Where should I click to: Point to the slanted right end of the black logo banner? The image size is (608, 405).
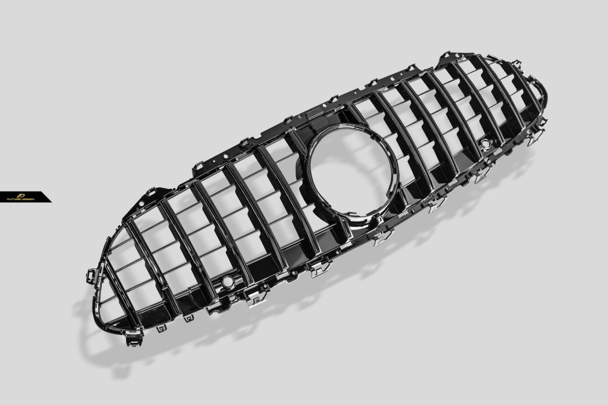[x=49, y=197]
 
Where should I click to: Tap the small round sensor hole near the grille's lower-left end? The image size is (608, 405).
[x=226, y=281]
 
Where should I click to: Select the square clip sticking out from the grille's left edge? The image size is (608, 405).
[x=91, y=275]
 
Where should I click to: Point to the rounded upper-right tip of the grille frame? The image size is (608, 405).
[x=544, y=98]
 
